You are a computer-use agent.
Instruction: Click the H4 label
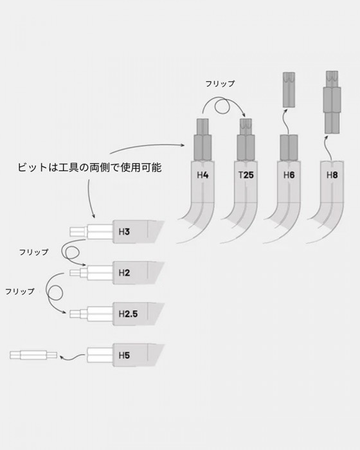coord(203,175)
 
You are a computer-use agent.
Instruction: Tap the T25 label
coord(246,175)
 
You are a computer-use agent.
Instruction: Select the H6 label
coord(289,175)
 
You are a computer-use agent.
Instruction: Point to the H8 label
coord(332,175)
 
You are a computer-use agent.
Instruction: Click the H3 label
coord(124,231)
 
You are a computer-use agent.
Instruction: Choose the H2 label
coord(124,273)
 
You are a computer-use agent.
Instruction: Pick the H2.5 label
coord(128,314)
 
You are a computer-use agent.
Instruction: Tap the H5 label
coord(124,355)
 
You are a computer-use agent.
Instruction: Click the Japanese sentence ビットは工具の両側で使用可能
coord(89,167)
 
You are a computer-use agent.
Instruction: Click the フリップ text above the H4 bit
coord(220,84)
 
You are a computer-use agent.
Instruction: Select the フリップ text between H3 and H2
coord(34,252)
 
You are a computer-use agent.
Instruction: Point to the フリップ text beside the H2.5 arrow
coord(20,291)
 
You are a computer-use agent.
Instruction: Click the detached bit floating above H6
coord(289,90)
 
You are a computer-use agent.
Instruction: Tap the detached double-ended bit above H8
coord(332,102)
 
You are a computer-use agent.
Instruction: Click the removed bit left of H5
coord(33,355)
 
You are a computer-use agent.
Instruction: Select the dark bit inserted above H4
coord(203,139)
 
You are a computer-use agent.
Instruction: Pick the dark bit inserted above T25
coord(246,139)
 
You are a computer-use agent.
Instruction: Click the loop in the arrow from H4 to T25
coord(222,107)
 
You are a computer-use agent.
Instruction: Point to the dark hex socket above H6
coord(289,147)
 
